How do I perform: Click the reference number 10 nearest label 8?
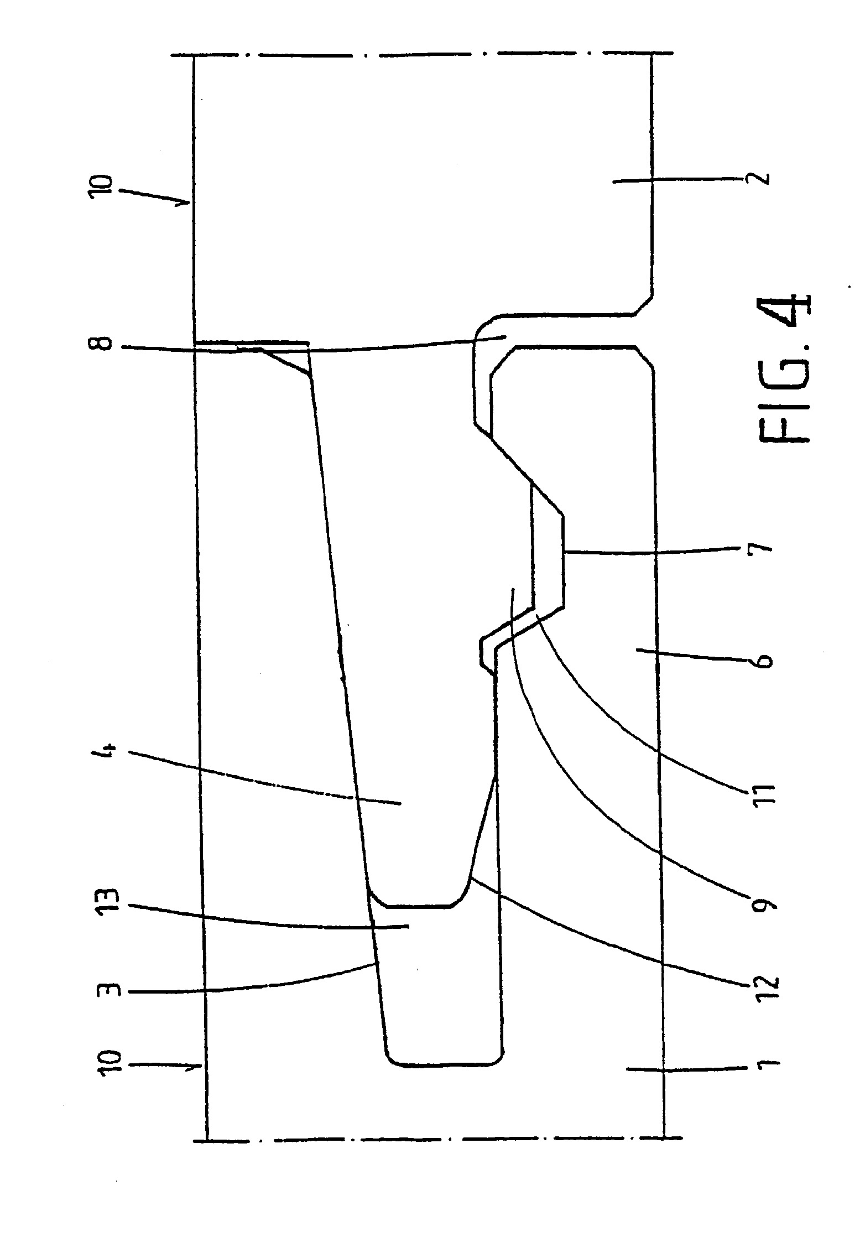[107, 191]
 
